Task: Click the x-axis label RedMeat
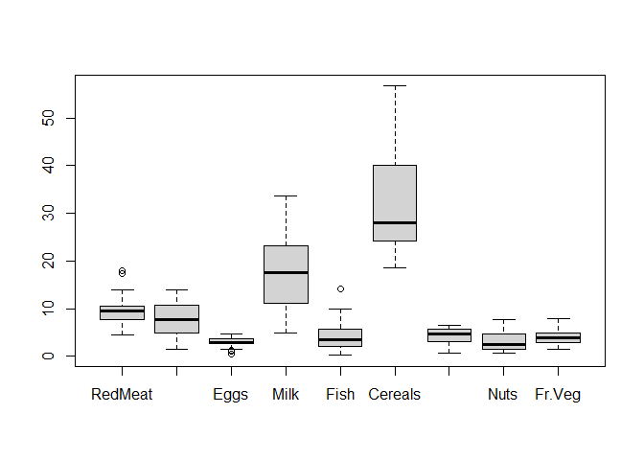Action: click(x=122, y=394)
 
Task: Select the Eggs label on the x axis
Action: click(x=231, y=394)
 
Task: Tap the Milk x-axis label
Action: click(x=286, y=394)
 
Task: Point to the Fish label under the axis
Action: click(x=340, y=394)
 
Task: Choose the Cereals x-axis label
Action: click(x=395, y=394)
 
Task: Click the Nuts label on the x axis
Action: click(x=503, y=394)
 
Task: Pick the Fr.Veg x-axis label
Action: click(x=558, y=394)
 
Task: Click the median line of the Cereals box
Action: click(x=395, y=222)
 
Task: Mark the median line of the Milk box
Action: click(x=286, y=272)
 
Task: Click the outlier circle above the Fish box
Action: click(x=340, y=288)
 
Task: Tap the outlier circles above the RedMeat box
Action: click(x=122, y=272)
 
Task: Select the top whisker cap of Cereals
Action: click(x=395, y=85)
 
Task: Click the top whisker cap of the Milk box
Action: click(x=286, y=195)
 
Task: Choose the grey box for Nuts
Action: click(x=503, y=341)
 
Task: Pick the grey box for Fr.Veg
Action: click(x=558, y=337)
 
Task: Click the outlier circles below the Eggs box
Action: click(x=231, y=352)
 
